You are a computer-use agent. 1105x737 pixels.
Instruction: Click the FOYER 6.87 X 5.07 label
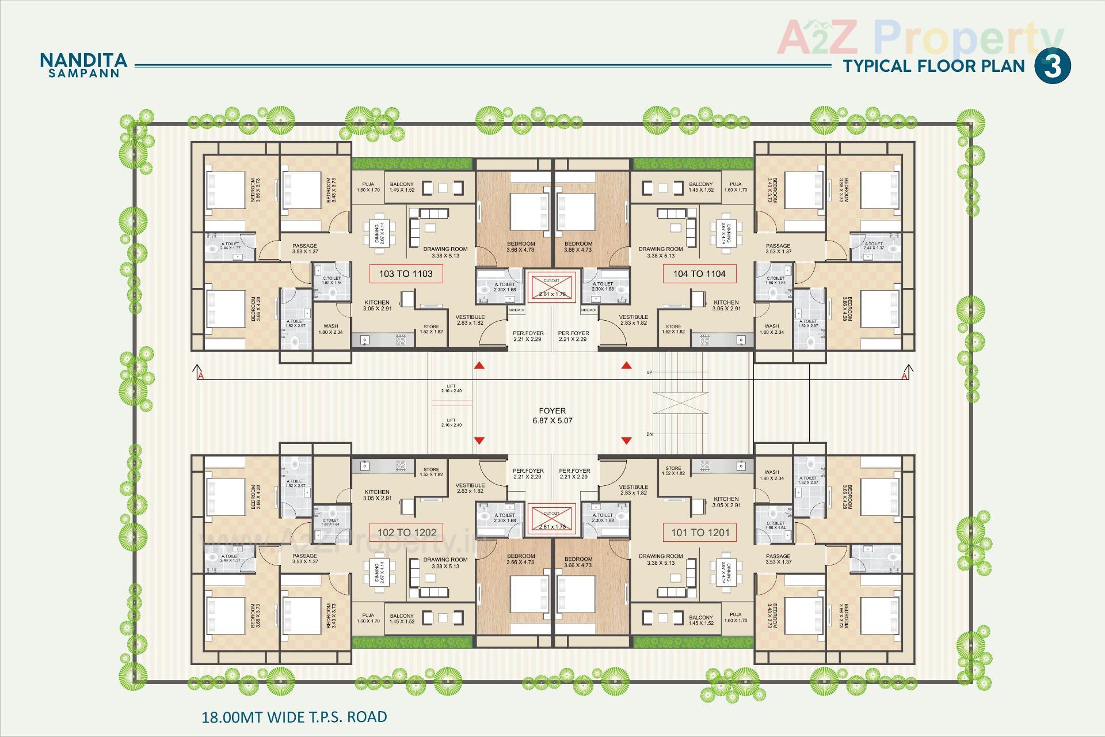[552, 415]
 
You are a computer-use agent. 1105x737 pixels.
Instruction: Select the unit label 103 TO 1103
[406, 273]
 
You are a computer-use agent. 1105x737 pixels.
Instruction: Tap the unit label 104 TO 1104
[699, 273]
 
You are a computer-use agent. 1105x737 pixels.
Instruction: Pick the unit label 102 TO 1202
[407, 533]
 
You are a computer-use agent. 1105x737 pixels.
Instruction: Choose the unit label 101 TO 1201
[700, 533]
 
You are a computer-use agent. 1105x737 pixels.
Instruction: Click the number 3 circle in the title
[1053, 66]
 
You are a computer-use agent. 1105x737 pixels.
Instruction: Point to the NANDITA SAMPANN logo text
[83, 65]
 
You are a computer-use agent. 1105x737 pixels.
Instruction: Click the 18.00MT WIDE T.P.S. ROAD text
[294, 717]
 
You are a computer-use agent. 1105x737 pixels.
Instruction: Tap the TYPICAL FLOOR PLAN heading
[934, 66]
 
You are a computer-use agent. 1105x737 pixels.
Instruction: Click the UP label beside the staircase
[649, 373]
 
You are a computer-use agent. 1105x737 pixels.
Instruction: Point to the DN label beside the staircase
[649, 434]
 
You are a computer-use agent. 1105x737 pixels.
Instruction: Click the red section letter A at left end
[201, 377]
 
